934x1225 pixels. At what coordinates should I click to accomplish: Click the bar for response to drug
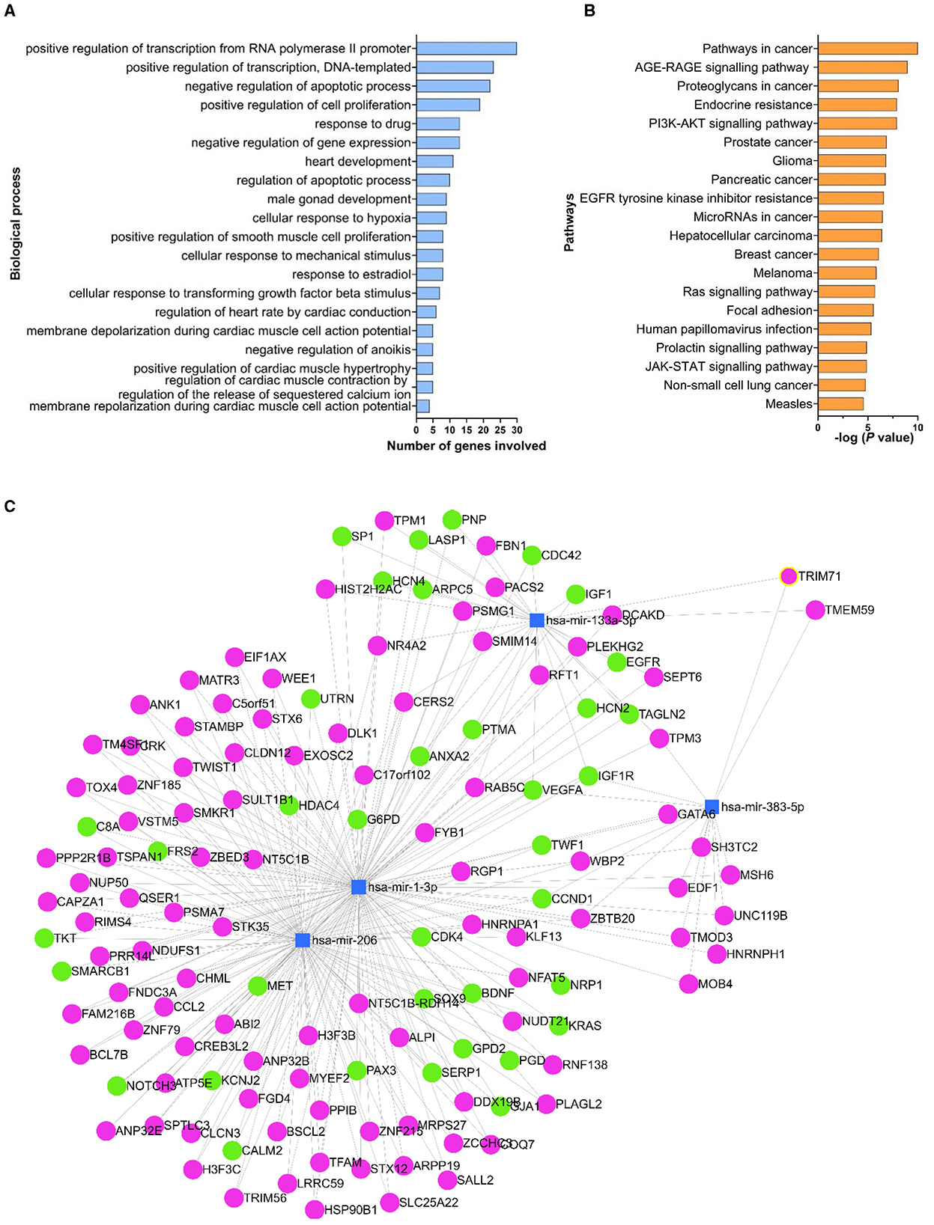(x=437, y=123)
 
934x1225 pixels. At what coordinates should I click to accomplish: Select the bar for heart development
(x=434, y=161)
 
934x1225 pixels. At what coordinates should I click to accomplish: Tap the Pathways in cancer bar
(x=867, y=49)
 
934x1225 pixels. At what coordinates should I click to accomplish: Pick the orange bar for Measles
(x=840, y=404)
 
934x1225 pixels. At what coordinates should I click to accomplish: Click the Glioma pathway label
(x=792, y=161)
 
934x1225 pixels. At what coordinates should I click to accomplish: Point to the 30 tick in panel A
(x=517, y=430)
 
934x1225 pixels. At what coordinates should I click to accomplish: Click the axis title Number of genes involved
(x=466, y=446)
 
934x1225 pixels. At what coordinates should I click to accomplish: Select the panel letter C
(x=10, y=507)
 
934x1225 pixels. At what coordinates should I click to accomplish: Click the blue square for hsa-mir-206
(x=303, y=940)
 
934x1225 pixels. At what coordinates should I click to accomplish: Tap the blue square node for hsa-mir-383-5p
(x=712, y=807)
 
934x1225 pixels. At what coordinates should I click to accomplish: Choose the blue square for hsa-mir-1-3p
(x=359, y=887)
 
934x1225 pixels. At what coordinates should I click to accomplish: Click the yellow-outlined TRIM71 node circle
(x=788, y=576)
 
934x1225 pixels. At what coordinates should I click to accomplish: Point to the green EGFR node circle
(x=616, y=662)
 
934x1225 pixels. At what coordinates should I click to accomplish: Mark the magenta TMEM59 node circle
(x=815, y=610)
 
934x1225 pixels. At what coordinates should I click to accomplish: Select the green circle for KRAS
(x=559, y=1026)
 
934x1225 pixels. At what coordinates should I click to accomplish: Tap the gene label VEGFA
(x=562, y=790)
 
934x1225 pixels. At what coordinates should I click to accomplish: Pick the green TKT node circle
(x=44, y=938)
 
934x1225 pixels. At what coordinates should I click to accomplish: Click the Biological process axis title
(x=16, y=224)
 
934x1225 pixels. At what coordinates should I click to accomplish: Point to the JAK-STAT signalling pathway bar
(x=842, y=367)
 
